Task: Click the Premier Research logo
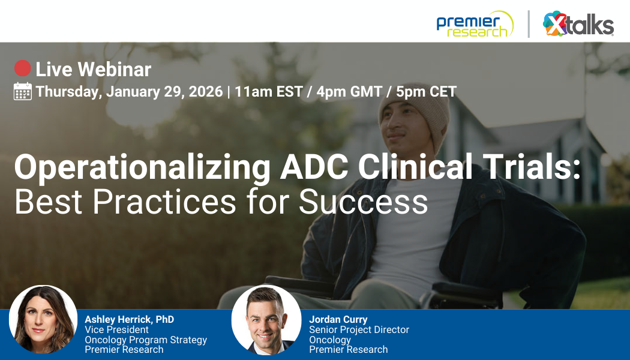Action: coord(475,24)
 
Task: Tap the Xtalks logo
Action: coord(578,25)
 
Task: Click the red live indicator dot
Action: coord(22,68)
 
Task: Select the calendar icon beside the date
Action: coord(22,91)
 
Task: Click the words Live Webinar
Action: coord(93,70)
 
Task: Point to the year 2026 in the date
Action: coord(206,92)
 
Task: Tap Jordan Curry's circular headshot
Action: coord(266,320)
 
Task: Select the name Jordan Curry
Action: coord(338,319)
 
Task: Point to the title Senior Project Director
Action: coord(359,329)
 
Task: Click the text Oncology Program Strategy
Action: coord(146,340)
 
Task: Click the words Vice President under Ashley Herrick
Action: coord(116,329)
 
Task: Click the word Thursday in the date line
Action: coord(68,92)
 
